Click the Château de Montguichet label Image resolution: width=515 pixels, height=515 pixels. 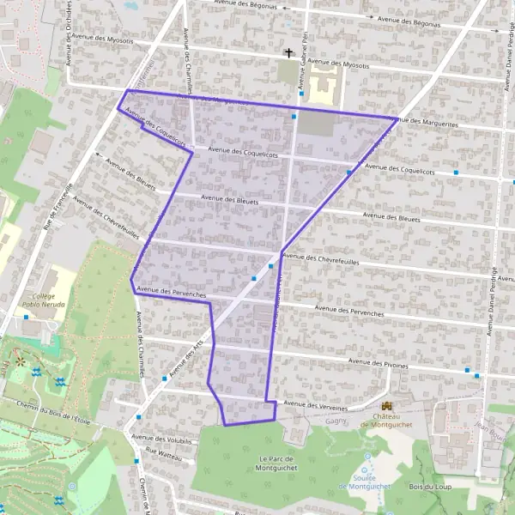(x=387, y=420)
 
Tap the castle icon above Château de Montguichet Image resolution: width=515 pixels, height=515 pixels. (x=386, y=405)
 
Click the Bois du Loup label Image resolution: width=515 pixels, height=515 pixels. (x=431, y=487)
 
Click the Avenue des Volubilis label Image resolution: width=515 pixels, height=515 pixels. (x=161, y=439)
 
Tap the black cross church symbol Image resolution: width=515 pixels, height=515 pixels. (x=289, y=53)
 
